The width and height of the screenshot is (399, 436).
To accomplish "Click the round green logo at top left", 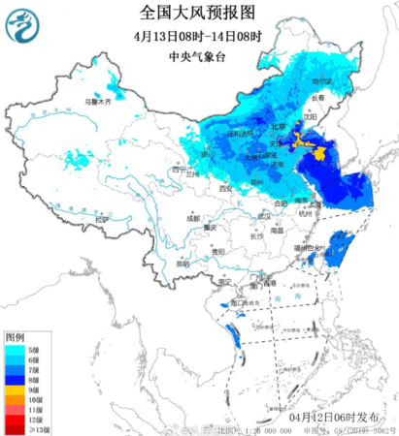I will tap(21, 26).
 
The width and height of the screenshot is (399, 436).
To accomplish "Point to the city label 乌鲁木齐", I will tap(96, 101).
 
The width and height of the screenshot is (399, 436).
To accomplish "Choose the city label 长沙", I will tap(255, 235).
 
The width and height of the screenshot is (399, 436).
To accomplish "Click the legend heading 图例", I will tap(15, 335).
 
